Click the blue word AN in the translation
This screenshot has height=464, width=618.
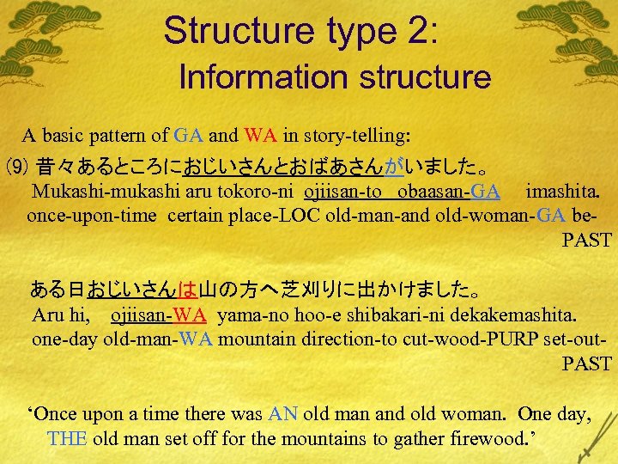click(x=282, y=414)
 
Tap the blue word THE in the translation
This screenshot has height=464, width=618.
click(x=67, y=438)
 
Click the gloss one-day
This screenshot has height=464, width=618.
click(x=65, y=339)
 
